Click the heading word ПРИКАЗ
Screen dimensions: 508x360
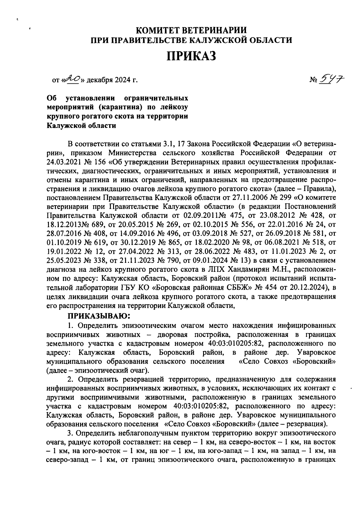(x=191, y=56)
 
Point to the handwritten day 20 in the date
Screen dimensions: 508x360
(x=73, y=79)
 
